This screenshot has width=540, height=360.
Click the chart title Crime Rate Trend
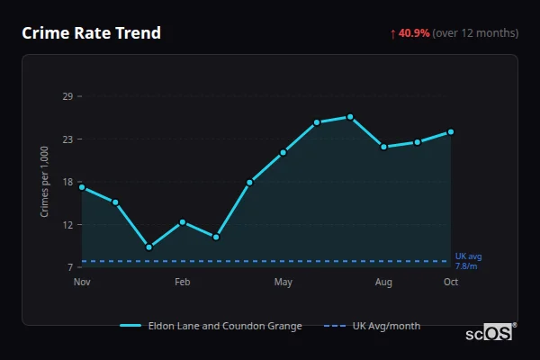91,33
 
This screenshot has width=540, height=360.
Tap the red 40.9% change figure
414,33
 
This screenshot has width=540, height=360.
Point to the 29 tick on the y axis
67,96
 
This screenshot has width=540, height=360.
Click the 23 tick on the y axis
67,139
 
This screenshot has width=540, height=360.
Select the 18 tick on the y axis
67,182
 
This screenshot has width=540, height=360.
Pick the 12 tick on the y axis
67,225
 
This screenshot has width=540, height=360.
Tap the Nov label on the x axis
82,283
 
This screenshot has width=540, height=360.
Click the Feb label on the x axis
182,283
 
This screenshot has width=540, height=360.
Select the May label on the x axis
283,283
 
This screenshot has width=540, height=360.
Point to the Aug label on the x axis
383,283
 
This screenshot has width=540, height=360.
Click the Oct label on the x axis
451,283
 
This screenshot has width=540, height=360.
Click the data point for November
82,187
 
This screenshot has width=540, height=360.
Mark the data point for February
183,221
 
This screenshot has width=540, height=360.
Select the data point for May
283,152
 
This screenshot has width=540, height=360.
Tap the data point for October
451,131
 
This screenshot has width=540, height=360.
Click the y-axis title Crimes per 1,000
44,182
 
